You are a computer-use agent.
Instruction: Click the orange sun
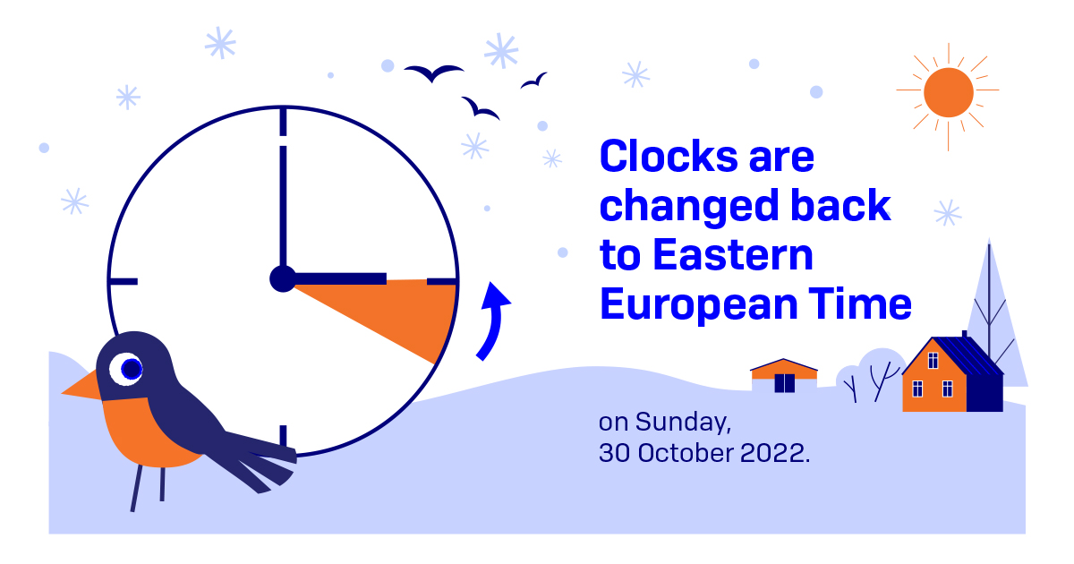[948, 93]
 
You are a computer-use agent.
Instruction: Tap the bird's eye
[130, 367]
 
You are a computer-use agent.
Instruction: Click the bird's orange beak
[81, 387]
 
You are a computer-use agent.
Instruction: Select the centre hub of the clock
[282, 279]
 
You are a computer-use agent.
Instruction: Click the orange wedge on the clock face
[403, 313]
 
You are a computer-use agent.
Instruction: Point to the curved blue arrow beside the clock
[491, 320]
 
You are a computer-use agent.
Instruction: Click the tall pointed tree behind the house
[990, 304]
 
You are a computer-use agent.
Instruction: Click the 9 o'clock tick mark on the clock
[123, 281]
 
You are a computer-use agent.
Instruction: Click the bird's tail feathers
[260, 457]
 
